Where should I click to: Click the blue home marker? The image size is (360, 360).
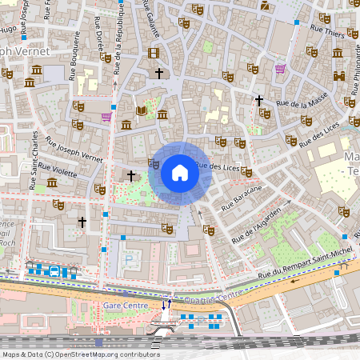pos(180,173)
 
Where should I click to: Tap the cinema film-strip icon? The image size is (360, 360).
pos(154,53)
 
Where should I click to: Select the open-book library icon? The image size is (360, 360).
pos(142,110)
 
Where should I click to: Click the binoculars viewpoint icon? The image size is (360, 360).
pos(339,76)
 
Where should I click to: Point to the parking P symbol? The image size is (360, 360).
pos(130,259)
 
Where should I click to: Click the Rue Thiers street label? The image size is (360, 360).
pos(327,32)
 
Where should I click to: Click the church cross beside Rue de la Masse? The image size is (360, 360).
pos(258,101)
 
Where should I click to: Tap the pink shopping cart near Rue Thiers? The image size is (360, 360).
pos(280,69)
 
